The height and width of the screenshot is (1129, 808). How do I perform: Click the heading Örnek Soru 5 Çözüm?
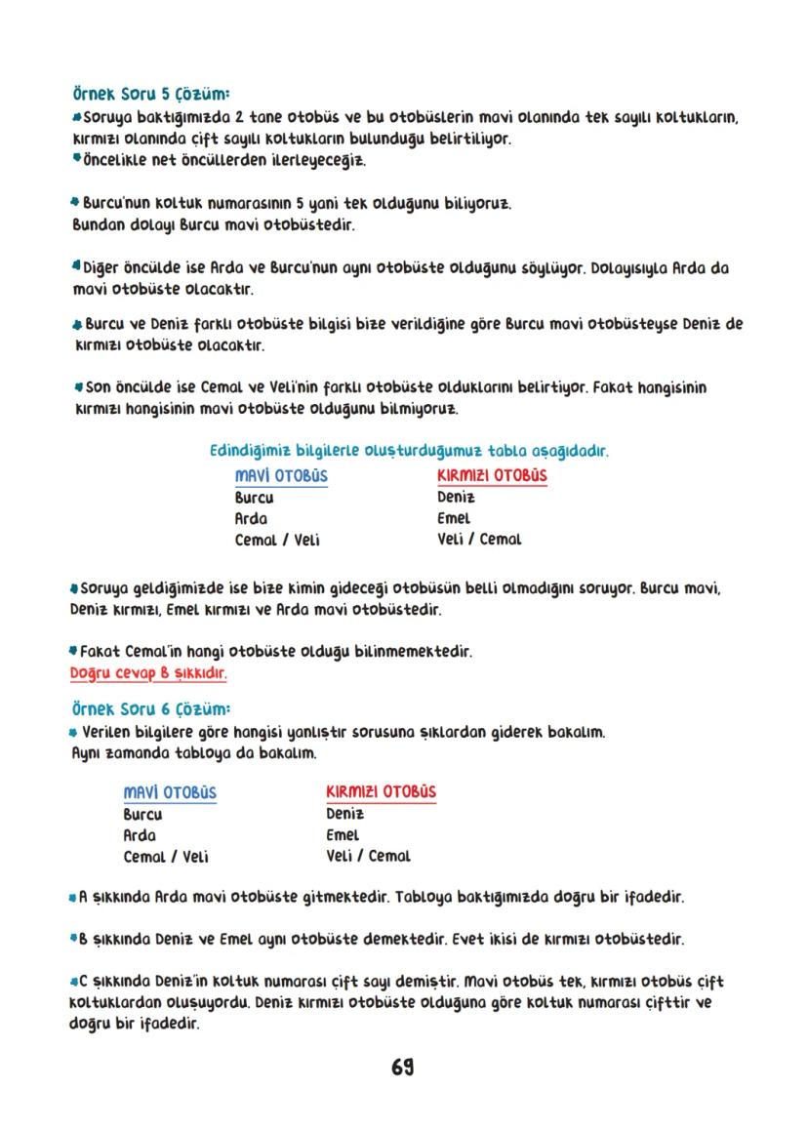[x=151, y=96]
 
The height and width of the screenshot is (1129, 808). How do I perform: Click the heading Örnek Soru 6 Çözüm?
[x=151, y=708]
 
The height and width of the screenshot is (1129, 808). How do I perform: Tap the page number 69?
[x=403, y=1068]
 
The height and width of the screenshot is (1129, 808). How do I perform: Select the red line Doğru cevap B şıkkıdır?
[x=149, y=673]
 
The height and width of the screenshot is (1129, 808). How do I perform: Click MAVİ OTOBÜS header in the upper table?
[x=281, y=476]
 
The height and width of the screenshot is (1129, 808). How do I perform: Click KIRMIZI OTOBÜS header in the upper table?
[x=492, y=476]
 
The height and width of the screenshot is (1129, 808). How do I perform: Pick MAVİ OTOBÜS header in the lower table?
[x=170, y=792]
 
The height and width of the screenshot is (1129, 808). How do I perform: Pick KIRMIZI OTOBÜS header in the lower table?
[x=381, y=792]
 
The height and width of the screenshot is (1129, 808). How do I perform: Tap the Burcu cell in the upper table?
[x=254, y=498]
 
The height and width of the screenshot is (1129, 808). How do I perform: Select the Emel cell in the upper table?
[x=454, y=518]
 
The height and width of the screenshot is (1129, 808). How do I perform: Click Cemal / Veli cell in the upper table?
[x=277, y=540]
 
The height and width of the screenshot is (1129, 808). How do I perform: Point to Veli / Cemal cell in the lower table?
[x=368, y=856]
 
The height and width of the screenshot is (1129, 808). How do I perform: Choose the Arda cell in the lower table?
[x=140, y=835]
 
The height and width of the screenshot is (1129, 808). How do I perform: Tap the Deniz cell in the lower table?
[x=345, y=814]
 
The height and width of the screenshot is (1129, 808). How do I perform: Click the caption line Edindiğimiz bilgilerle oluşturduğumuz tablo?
[x=410, y=452]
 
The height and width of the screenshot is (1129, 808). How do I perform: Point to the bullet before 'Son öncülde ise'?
[x=79, y=388]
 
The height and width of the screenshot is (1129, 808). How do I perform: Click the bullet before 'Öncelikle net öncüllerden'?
[x=76, y=158]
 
